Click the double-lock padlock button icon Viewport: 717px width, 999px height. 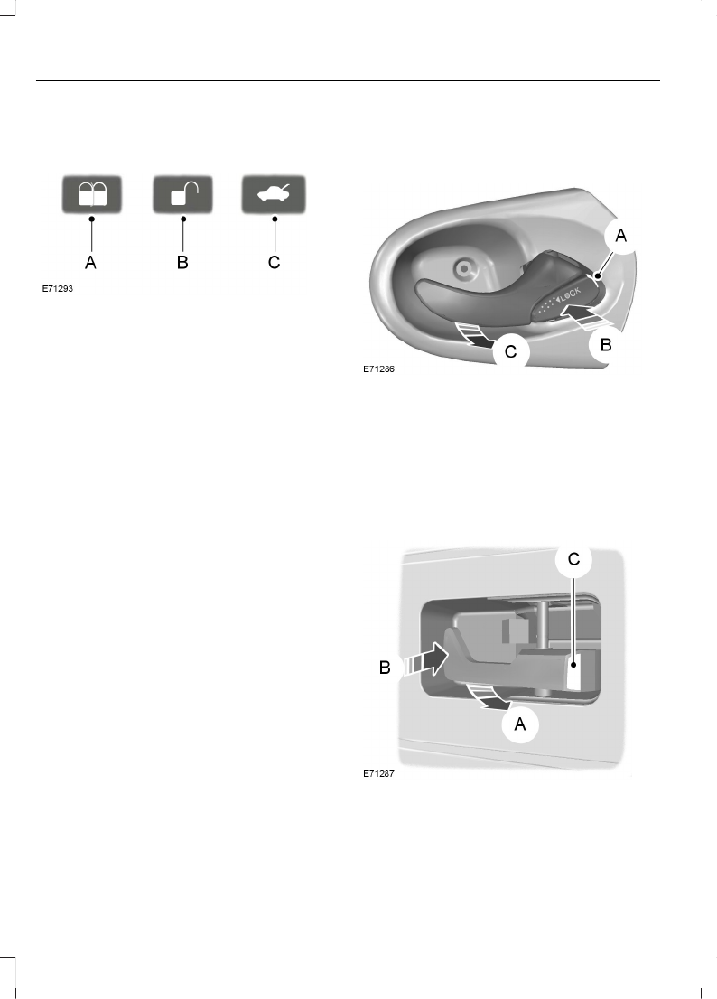[x=92, y=194]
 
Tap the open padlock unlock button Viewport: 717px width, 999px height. [x=182, y=194]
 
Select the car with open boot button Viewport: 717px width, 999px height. [x=274, y=194]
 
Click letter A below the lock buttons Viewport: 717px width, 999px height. [x=91, y=262]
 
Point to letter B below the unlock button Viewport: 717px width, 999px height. [x=182, y=262]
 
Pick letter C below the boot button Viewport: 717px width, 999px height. [x=275, y=262]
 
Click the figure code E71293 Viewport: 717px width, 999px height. [x=57, y=289]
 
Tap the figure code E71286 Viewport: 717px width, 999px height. [x=379, y=369]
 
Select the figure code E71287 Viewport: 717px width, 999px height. [x=379, y=774]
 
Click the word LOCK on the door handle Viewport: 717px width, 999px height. [x=571, y=295]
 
